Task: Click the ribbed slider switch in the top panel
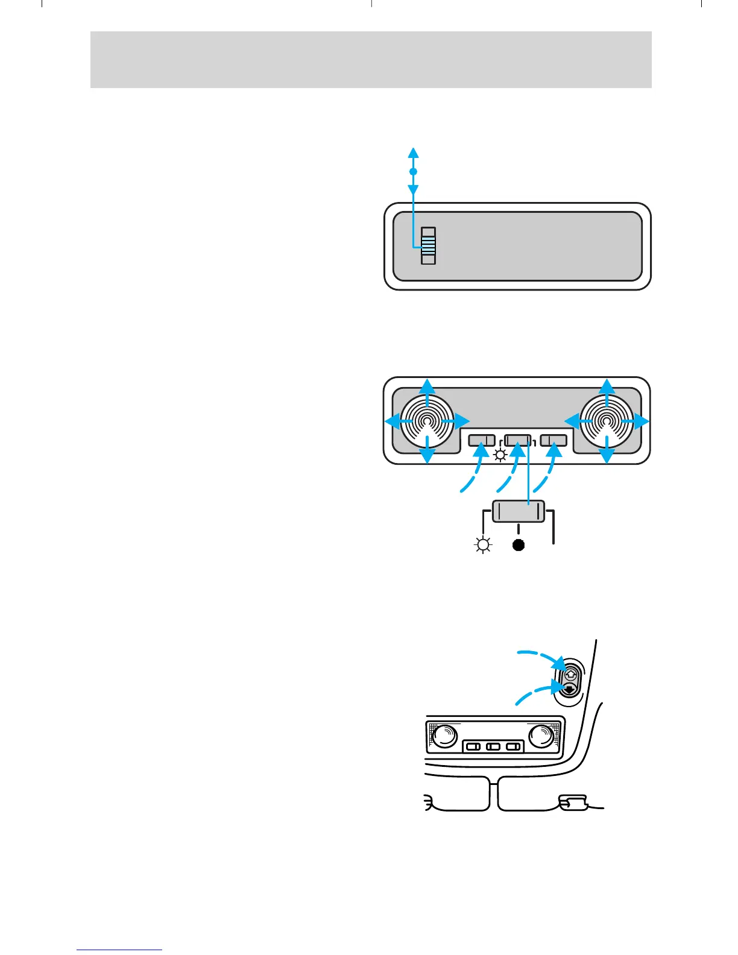[428, 245]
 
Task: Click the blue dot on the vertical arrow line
[413, 172]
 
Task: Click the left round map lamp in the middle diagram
[427, 420]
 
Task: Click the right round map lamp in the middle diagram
[607, 420]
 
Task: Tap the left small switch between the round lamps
[482, 441]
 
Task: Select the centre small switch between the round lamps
[519, 441]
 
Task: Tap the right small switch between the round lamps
[554, 441]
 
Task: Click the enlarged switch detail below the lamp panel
[519, 511]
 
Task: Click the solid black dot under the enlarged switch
[519, 546]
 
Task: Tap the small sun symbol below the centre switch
[500, 455]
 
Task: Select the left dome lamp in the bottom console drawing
[444, 736]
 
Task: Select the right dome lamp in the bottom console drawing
[541, 736]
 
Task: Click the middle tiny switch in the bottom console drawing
[493, 747]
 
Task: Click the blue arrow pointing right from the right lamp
[642, 421]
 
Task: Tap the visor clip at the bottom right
[573, 802]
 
